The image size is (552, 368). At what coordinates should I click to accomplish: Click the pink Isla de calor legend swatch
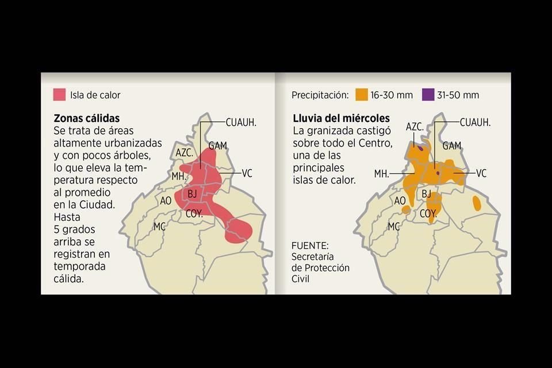tap(59, 95)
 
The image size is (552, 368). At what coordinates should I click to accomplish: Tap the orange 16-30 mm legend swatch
tap(362, 95)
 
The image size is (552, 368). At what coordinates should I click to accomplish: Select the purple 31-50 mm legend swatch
tap(428, 95)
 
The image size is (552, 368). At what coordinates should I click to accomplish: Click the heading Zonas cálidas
tap(86, 118)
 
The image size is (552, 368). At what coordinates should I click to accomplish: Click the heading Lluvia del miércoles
tap(341, 118)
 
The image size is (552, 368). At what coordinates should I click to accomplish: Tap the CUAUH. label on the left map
tap(241, 122)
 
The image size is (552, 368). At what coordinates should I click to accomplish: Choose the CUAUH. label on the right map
tap(476, 122)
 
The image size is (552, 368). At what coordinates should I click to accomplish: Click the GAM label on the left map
tap(217, 145)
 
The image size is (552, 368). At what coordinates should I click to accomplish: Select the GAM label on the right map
tap(452, 145)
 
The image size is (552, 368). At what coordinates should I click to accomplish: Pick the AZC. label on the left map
tap(185, 152)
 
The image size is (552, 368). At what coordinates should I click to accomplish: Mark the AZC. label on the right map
tap(415, 126)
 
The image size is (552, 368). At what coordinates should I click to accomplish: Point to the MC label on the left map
tap(159, 227)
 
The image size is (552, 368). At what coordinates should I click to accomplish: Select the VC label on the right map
tap(481, 173)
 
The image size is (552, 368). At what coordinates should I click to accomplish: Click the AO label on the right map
tap(400, 200)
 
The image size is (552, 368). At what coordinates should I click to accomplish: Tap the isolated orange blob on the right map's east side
tap(477, 202)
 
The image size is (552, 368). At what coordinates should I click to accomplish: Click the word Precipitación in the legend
tap(320, 95)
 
